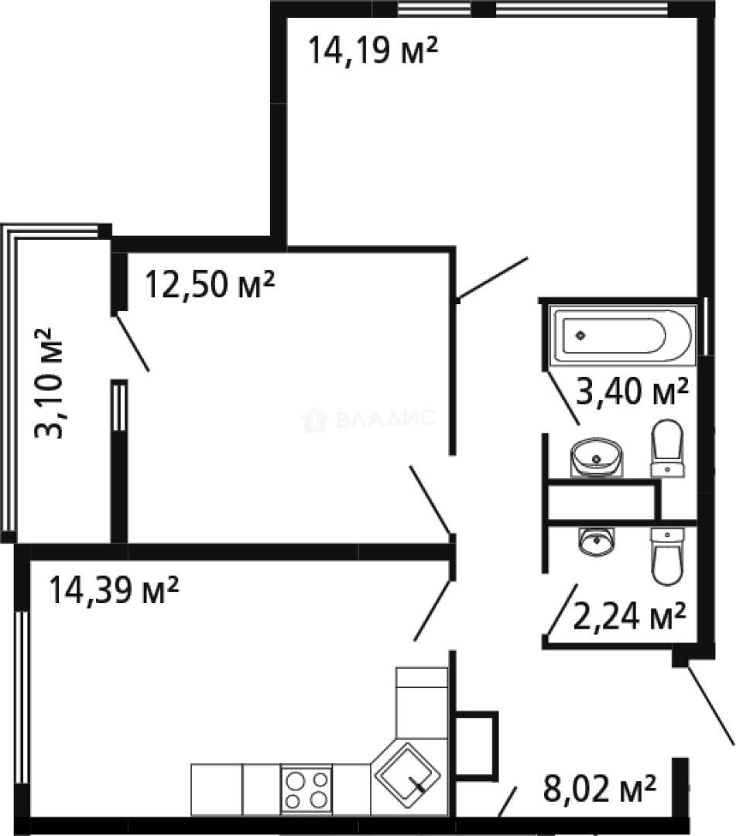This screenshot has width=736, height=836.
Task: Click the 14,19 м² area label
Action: [372, 50]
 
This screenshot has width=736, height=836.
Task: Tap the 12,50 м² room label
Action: [210, 283]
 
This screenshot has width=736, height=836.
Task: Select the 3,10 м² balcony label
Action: [49, 383]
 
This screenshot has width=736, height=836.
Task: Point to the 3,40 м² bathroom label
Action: [632, 391]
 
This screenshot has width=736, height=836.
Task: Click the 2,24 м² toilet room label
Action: [629, 616]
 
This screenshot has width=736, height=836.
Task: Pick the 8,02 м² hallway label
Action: [600, 788]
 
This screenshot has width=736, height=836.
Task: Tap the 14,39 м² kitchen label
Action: [114, 590]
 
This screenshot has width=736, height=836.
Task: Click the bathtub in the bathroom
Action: [622, 335]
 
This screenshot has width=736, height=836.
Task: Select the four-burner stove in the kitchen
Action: [306, 790]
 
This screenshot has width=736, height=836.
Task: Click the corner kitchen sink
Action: [407, 775]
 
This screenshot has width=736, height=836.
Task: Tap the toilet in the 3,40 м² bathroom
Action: [667, 448]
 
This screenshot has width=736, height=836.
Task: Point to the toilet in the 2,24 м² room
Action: [667, 556]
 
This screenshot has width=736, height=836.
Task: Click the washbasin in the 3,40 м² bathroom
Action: [597, 457]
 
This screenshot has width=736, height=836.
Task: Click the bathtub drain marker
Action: [581, 335]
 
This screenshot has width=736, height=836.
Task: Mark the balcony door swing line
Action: [132, 342]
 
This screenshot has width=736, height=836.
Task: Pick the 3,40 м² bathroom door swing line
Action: [563, 397]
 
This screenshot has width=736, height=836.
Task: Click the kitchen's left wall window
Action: [22, 697]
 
